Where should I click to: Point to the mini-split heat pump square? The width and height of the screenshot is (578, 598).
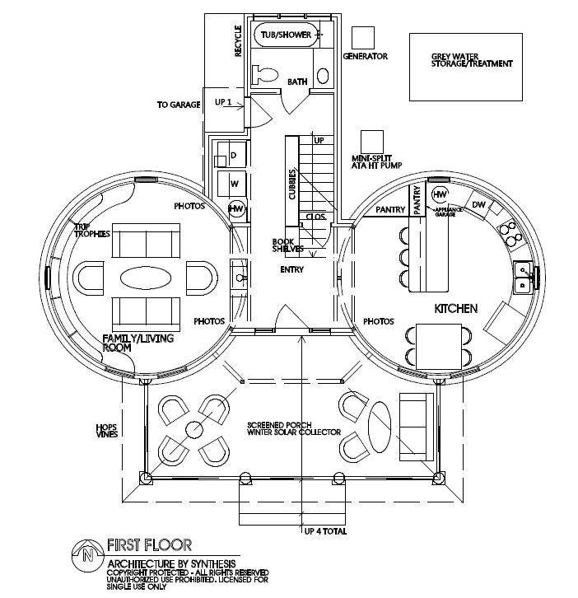tap(372, 141)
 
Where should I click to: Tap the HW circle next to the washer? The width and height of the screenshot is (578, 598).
tap(237, 208)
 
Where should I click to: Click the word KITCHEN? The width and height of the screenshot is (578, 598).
tap(456, 309)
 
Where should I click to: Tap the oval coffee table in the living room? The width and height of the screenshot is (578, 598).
tap(147, 277)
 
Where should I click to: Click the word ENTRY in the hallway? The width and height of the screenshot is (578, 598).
tap(291, 269)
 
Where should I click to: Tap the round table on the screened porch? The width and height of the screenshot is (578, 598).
tap(194, 428)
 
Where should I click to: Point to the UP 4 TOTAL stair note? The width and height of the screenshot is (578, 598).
tap(325, 532)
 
